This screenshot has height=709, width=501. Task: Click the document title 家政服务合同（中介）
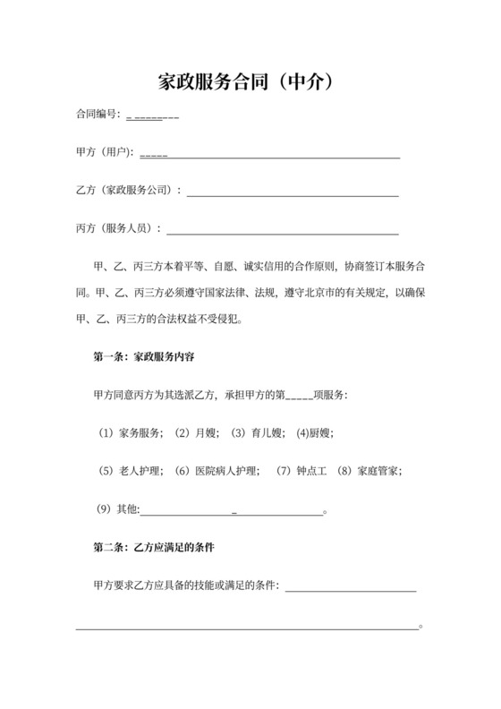(x=250, y=82)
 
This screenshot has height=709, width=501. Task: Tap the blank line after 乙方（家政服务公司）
(x=292, y=192)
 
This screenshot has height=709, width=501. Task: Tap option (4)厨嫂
(x=315, y=432)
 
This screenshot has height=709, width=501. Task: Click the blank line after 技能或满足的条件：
(x=350, y=587)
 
